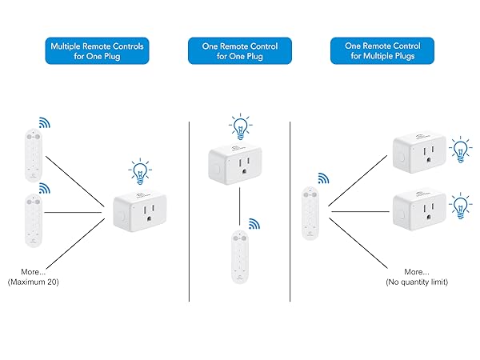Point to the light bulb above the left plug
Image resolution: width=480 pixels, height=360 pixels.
[x=141, y=170]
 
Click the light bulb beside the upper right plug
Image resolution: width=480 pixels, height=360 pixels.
[x=460, y=149]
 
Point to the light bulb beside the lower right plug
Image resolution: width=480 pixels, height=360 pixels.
[x=460, y=204]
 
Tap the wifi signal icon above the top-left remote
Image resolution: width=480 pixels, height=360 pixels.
[x=45, y=123]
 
